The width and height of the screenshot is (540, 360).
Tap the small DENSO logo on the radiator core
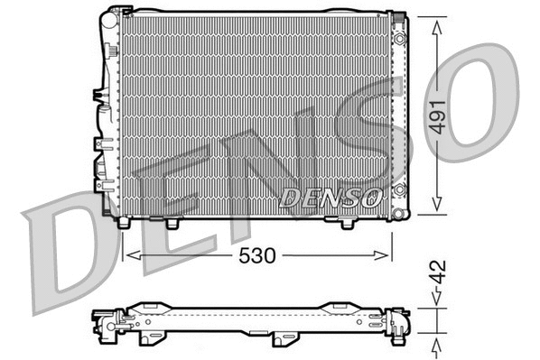point(326,197)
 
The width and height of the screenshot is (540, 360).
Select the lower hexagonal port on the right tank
point(399,190)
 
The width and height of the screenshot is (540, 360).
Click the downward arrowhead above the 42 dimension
point(438,304)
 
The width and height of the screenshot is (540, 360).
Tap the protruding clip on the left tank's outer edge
point(95,95)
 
